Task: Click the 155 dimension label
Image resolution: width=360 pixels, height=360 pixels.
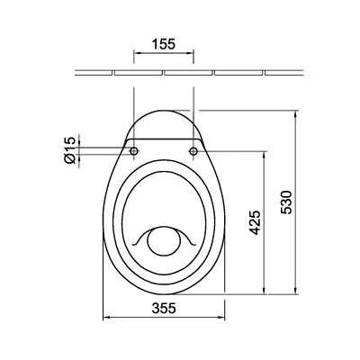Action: click(164, 44)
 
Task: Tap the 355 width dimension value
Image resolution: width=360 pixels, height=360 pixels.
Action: click(164, 308)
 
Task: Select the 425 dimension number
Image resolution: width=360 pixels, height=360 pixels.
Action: click(255, 222)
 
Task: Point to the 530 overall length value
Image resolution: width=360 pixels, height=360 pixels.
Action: click(286, 202)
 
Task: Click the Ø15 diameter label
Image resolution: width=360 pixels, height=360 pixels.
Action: click(69, 150)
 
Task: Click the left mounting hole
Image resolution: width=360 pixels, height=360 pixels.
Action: click(134, 151)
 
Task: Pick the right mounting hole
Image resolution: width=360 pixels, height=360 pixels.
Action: click(193, 151)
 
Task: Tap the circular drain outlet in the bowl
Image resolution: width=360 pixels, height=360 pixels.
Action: click(164, 242)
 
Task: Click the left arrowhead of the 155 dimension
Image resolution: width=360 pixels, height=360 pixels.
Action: click(136, 53)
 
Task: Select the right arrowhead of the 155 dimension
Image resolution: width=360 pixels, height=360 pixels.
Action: click(191, 53)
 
